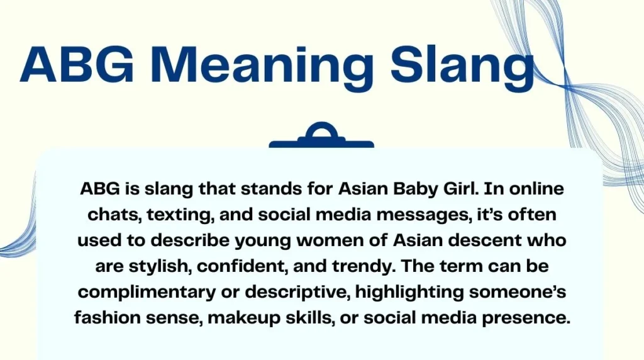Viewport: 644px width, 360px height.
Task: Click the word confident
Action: (243, 266)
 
